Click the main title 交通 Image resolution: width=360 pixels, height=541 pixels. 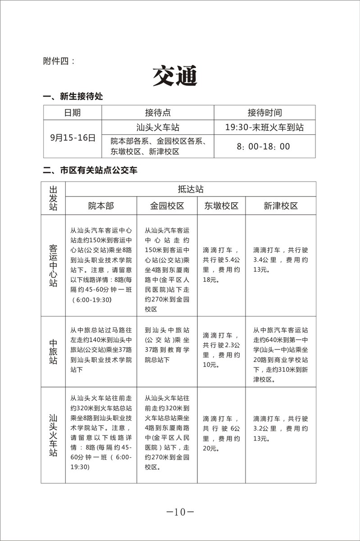click(175, 76)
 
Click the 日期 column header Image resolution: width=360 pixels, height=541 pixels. click(73, 113)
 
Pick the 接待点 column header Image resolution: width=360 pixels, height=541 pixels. click(158, 113)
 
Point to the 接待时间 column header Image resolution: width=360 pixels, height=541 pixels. click(264, 113)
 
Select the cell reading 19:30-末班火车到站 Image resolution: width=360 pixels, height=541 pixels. click(264, 128)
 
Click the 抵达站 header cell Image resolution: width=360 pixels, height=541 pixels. click(191, 189)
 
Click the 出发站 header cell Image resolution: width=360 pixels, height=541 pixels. click(53, 197)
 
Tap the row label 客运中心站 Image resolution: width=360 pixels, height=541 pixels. click(53, 266)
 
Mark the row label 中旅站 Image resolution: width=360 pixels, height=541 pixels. click(53, 352)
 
